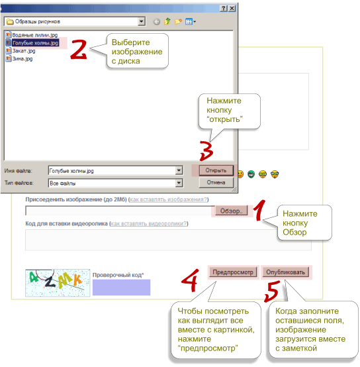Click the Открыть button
[x=216, y=170]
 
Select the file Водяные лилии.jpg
[x=32, y=35]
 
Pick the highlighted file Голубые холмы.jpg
[x=32, y=43]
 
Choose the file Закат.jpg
[x=21, y=51]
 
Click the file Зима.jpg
[x=19, y=59]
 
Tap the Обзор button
[x=231, y=211]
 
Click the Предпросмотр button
[x=233, y=272]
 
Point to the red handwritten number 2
[x=79, y=49]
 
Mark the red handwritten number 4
[x=190, y=280]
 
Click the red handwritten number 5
[x=272, y=291]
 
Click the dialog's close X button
[x=232, y=9]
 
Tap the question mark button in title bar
[x=224, y=9]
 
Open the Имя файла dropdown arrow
[x=179, y=170]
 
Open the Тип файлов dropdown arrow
[x=179, y=183]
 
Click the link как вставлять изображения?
[x=168, y=199]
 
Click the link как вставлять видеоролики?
[x=149, y=223]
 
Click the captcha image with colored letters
[x=58, y=283]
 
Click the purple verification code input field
[x=121, y=288]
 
